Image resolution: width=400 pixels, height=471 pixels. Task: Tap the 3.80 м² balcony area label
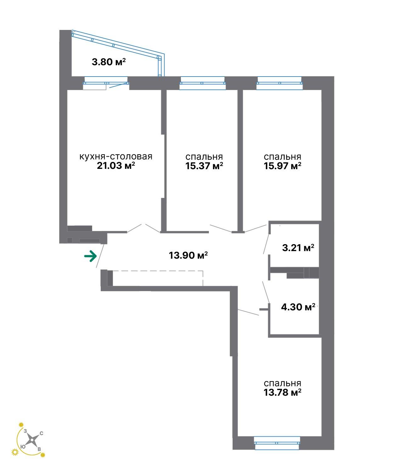[x=109, y=62]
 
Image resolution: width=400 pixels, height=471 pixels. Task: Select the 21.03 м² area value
[x=116, y=165]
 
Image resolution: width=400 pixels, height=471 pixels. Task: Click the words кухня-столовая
[x=116, y=157]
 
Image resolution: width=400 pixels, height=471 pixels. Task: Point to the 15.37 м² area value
[x=204, y=166]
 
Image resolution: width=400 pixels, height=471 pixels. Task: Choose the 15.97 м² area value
[x=283, y=166]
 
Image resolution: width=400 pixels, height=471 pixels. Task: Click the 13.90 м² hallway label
[x=188, y=255]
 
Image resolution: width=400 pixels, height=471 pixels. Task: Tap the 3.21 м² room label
[x=298, y=248]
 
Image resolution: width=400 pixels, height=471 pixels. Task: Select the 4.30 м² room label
[x=298, y=307]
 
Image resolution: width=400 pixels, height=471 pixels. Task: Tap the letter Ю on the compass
[x=23, y=447]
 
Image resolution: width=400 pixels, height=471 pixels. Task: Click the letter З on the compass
[x=25, y=431]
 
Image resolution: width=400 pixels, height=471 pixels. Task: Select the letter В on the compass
[x=39, y=449]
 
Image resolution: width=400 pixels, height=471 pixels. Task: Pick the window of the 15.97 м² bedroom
[x=279, y=83]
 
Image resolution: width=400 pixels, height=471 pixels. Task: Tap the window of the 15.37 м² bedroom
[x=203, y=83]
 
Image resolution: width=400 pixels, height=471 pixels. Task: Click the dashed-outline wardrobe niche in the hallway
[x=158, y=278]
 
